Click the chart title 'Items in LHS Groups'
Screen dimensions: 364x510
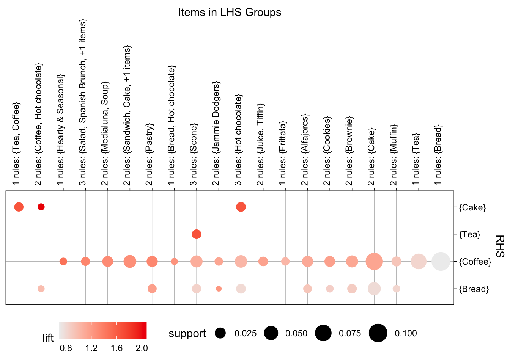pyautogui.click(x=230, y=13)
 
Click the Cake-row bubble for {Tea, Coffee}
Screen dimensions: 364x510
pyautogui.click(x=19, y=207)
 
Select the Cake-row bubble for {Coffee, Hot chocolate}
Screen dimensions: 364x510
pyautogui.click(x=41, y=207)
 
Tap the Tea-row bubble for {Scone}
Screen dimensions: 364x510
pyautogui.click(x=196, y=234)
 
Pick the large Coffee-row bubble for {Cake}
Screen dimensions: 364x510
pyautogui.click(x=374, y=262)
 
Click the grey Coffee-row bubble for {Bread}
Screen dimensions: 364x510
pyautogui.click(x=441, y=262)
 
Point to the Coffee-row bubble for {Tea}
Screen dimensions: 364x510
pyautogui.click(x=419, y=262)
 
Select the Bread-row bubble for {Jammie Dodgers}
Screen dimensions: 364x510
pyautogui.click(x=219, y=289)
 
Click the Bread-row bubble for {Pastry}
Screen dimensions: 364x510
pyautogui.click(x=152, y=289)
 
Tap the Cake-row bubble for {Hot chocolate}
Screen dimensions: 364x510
pyautogui.click(x=241, y=207)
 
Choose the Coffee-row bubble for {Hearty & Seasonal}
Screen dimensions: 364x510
pyautogui.click(x=63, y=262)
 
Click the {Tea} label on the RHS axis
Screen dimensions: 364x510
pyautogui.click(x=469, y=235)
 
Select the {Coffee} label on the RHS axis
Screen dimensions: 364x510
pyautogui.click(x=475, y=262)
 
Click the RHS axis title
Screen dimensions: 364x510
pyautogui.click(x=500, y=246)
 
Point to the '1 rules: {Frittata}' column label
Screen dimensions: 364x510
pyautogui.click(x=282, y=155)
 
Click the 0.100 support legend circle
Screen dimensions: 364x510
pyautogui.click(x=378, y=333)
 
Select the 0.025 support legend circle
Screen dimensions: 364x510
pyautogui.click(x=220, y=333)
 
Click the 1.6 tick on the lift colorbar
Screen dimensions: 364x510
pyautogui.click(x=116, y=348)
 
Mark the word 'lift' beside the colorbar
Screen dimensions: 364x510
pyautogui.click(x=48, y=338)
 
